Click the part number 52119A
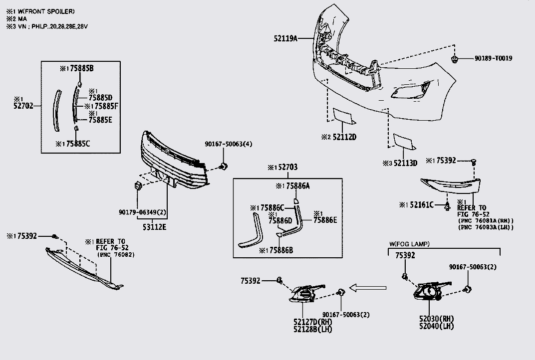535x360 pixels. [285, 38]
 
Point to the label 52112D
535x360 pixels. [344, 137]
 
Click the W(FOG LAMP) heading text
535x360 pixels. [409, 244]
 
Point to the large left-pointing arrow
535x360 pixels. [368, 288]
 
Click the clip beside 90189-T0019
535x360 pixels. [455, 60]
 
